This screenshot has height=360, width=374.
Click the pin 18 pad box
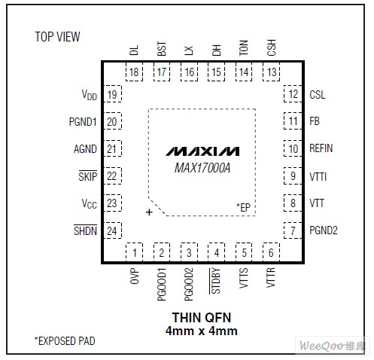(x=134, y=72)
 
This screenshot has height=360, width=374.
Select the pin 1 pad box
(x=134, y=252)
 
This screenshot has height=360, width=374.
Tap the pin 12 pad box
(x=293, y=94)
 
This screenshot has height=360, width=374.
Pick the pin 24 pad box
(x=113, y=230)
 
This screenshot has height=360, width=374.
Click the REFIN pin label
(x=321, y=148)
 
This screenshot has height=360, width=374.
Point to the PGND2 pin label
(x=324, y=230)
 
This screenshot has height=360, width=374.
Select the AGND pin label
(x=85, y=149)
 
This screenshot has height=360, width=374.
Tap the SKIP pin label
(x=88, y=175)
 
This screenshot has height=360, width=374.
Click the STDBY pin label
(x=215, y=281)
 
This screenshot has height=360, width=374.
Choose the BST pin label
(x=162, y=49)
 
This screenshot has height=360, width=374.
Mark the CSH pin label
(x=272, y=47)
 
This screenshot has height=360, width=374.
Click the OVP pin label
(x=135, y=276)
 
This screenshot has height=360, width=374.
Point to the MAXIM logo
(x=202, y=151)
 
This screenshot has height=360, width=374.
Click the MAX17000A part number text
(x=202, y=168)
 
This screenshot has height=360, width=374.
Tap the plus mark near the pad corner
(x=149, y=212)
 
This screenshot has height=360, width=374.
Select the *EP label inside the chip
(x=243, y=207)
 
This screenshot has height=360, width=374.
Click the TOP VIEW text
(x=57, y=37)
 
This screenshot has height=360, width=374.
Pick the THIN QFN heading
(x=202, y=318)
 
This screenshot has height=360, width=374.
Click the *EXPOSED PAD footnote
(x=65, y=341)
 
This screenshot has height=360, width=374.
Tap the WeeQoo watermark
(x=333, y=346)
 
